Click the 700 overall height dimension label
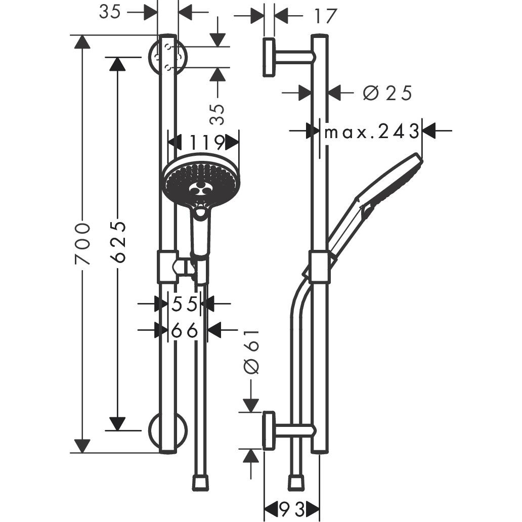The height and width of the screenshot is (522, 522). tap(82, 243)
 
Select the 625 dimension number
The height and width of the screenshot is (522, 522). tap(118, 241)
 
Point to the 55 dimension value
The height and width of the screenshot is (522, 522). tap(184, 304)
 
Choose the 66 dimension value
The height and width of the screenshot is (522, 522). tap(184, 331)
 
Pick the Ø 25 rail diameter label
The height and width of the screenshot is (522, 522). tap(387, 93)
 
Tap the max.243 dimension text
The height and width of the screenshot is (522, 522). tap(372, 132)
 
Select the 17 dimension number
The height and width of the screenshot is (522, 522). tap(324, 16)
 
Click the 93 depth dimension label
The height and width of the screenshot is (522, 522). tap(292, 509)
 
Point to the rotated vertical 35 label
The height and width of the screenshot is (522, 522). tap(217, 114)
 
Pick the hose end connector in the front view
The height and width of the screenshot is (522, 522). tap(200, 482)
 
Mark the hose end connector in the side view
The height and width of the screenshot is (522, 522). tap(296, 482)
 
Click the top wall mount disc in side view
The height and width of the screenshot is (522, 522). tap(269, 57)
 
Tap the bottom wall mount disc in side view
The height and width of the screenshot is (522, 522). tap(269, 430)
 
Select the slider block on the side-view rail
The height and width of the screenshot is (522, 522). tap(319, 266)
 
